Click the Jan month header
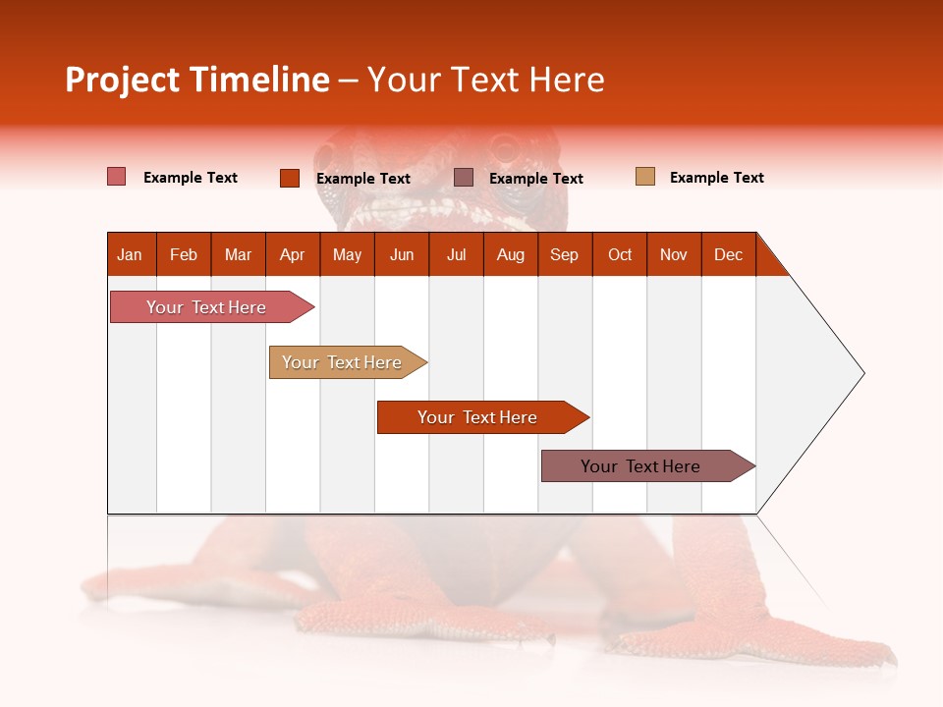(130, 254)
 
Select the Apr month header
(292, 254)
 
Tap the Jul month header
(456, 254)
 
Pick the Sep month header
(564, 254)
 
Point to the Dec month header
(728, 254)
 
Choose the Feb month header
(184, 254)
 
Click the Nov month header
(673, 254)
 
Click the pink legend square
(116, 177)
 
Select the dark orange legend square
(289, 178)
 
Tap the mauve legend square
(464, 178)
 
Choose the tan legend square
(644, 177)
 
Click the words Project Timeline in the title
(196, 80)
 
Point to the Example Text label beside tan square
(716, 178)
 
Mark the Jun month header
(402, 254)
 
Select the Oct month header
(619, 254)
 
